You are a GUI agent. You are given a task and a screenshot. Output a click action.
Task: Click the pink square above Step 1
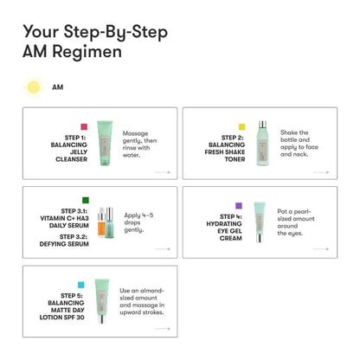point(83,127)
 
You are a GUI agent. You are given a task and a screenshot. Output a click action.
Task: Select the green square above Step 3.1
point(84,201)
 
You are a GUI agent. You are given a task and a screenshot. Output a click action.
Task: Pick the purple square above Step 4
point(239,206)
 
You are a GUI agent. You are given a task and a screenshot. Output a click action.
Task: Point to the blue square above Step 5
point(81,284)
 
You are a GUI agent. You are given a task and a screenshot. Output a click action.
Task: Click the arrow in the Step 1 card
point(162,173)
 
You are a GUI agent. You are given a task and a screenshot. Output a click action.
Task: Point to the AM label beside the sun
point(57,87)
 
